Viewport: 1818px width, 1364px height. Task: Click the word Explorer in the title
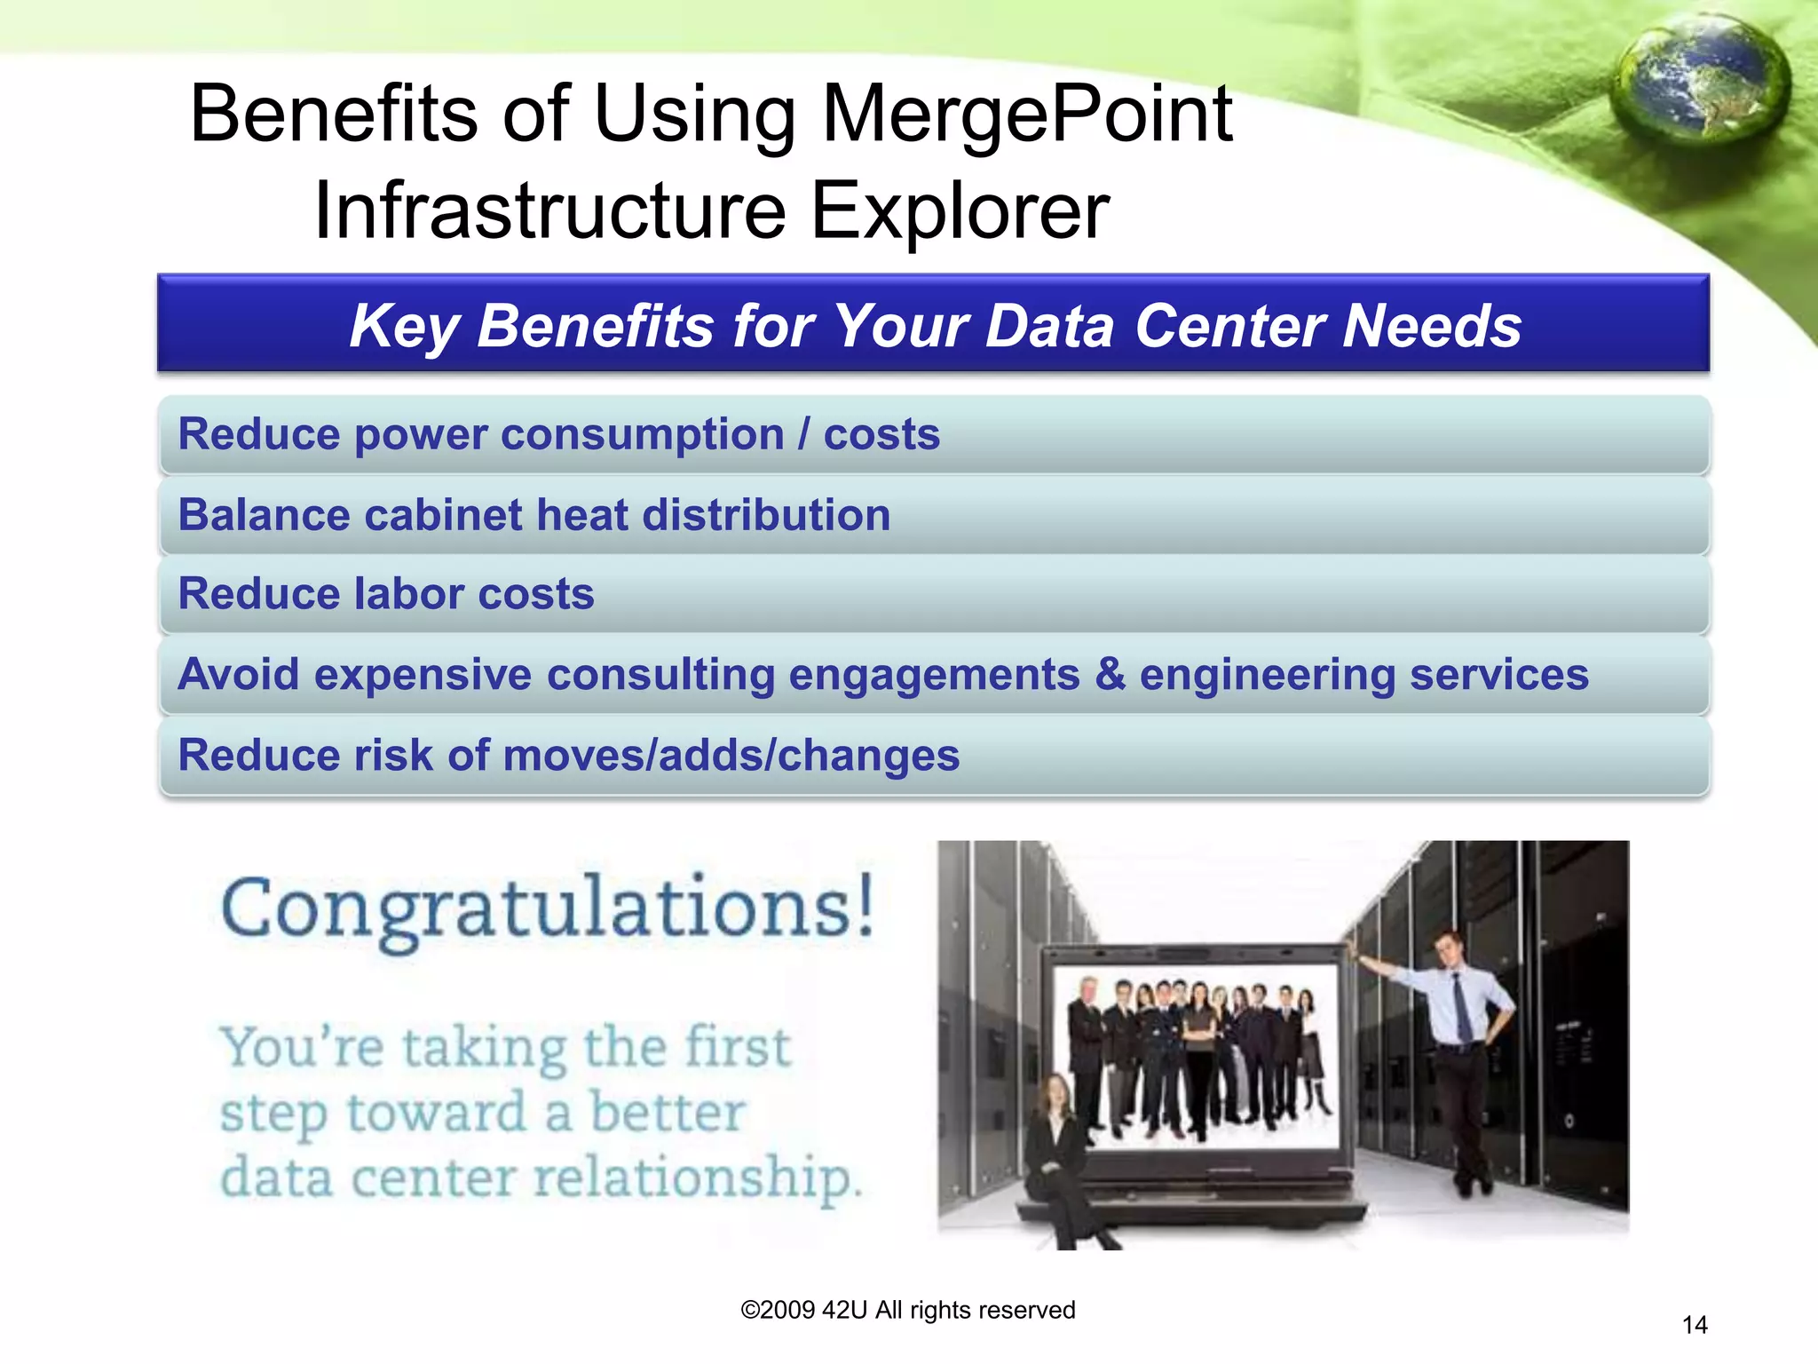click(x=960, y=210)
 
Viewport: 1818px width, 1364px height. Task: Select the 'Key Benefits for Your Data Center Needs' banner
click(x=934, y=324)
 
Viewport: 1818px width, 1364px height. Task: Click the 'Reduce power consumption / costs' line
click(x=559, y=434)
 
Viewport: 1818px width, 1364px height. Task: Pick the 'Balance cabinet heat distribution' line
click(x=534, y=515)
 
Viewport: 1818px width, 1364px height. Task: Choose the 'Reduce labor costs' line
click(x=386, y=594)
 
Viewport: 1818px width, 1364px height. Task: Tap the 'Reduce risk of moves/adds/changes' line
click(x=569, y=756)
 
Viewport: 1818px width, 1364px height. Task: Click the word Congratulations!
click(x=548, y=908)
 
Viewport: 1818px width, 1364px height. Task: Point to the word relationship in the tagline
click(x=696, y=1179)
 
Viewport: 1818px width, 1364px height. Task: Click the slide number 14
click(x=1694, y=1325)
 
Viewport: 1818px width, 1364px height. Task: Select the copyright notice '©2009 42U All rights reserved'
click(x=907, y=1310)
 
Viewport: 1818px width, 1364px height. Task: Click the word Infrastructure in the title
click(x=550, y=210)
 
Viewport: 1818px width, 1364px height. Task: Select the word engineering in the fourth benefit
click(x=1268, y=674)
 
